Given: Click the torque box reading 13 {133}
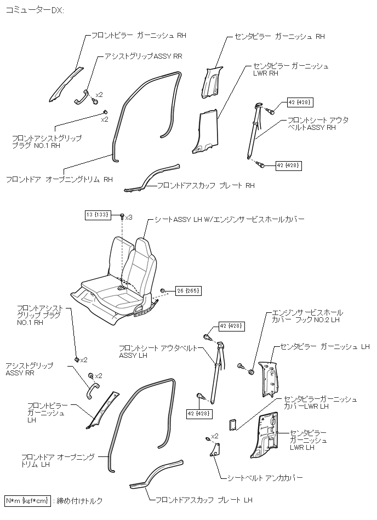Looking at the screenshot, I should (x=97, y=214).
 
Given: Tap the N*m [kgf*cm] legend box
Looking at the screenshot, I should (x=28, y=500).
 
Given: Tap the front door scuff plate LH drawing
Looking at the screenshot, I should (x=156, y=473).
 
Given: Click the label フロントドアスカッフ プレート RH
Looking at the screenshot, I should (x=205, y=186).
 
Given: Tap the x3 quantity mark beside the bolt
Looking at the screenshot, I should (x=129, y=218).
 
